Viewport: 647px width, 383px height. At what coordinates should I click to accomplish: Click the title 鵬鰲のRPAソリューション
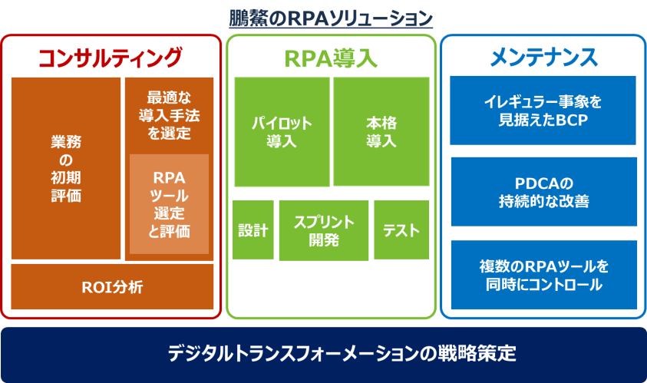331,18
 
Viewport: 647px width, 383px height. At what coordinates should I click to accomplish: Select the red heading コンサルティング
111,58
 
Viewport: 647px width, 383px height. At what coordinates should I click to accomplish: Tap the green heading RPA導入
331,58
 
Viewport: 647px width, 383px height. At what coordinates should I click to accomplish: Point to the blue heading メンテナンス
544,57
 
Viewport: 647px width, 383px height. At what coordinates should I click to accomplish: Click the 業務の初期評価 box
66,168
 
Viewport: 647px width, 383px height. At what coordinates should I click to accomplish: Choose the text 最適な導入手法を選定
169,116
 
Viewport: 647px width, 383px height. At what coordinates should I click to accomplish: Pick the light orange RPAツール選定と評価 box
169,204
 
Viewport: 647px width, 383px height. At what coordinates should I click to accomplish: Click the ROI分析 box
112,287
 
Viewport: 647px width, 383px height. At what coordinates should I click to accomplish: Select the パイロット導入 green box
282,132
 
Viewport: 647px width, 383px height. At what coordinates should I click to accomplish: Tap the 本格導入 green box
381,132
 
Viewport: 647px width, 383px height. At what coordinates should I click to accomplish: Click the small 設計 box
253,230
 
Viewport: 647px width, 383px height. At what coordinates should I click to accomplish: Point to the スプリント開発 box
324,230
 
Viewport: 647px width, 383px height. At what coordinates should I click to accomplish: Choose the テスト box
401,230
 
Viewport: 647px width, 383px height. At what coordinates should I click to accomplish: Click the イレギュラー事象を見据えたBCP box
543,111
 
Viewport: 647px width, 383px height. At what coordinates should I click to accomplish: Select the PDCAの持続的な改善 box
544,192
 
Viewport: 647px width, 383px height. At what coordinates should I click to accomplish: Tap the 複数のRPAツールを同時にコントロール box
544,275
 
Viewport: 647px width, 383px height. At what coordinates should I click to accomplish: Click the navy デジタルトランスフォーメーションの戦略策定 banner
324,355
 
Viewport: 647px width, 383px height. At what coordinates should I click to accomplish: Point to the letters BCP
572,120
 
